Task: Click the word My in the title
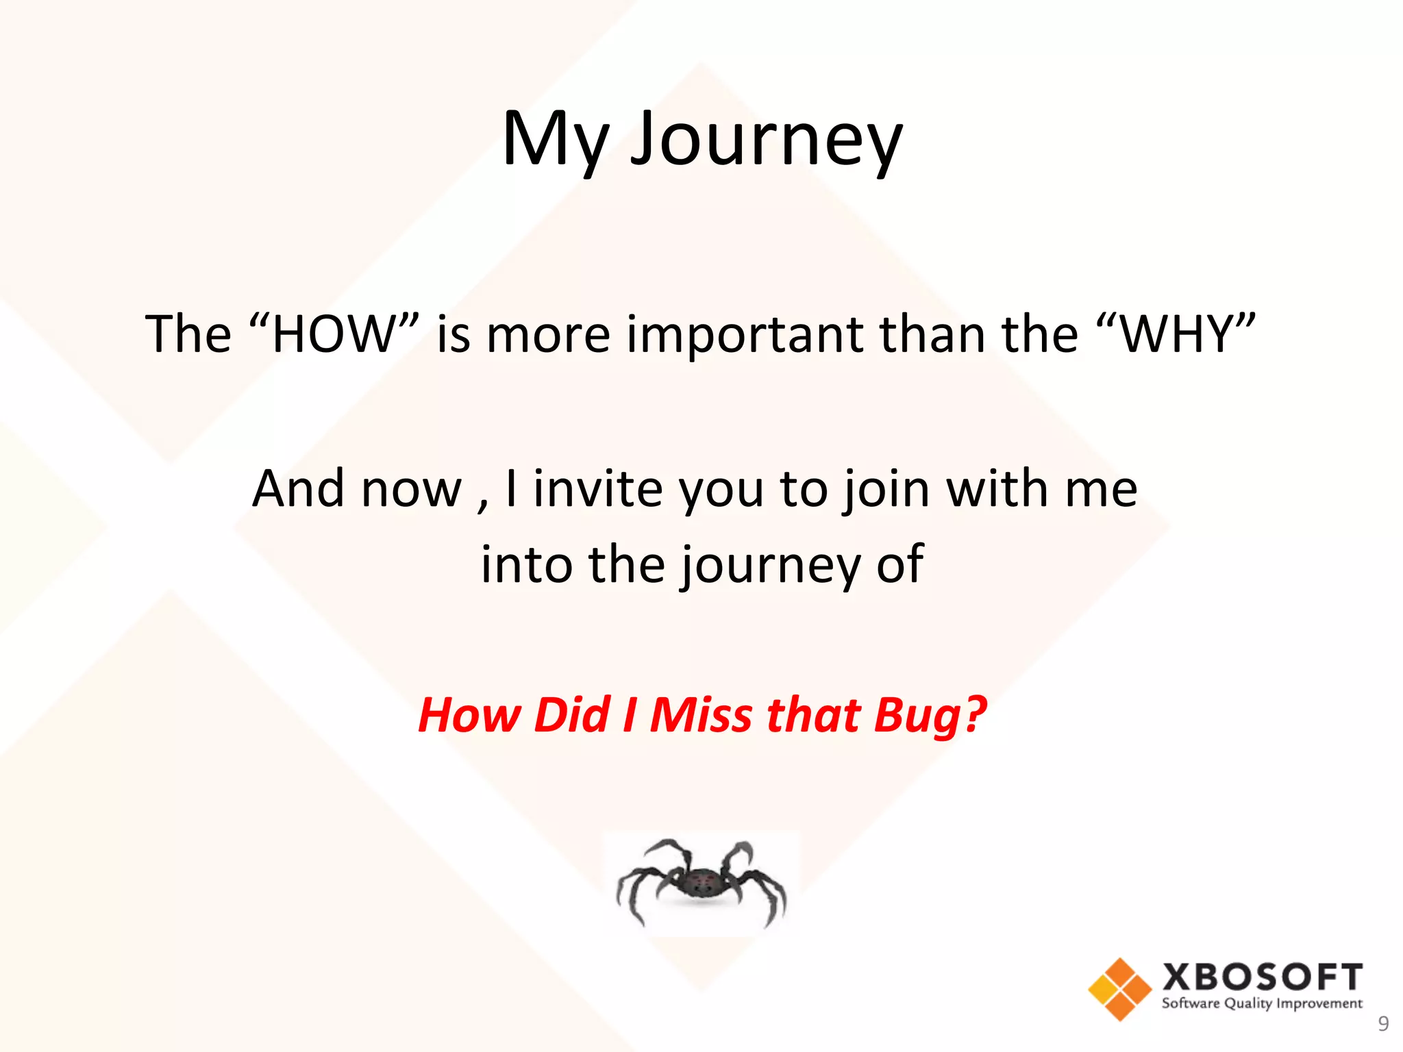pyautogui.click(x=555, y=140)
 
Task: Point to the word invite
pyautogui.click(x=598, y=489)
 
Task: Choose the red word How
pyautogui.click(x=469, y=714)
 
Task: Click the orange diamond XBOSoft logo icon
pyautogui.click(x=1119, y=989)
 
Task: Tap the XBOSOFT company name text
pyautogui.click(x=1262, y=977)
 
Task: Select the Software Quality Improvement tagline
pyautogui.click(x=1262, y=1004)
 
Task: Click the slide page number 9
pyautogui.click(x=1383, y=1024)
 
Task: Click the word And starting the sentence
pyautogui.click(x=298, y=489)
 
